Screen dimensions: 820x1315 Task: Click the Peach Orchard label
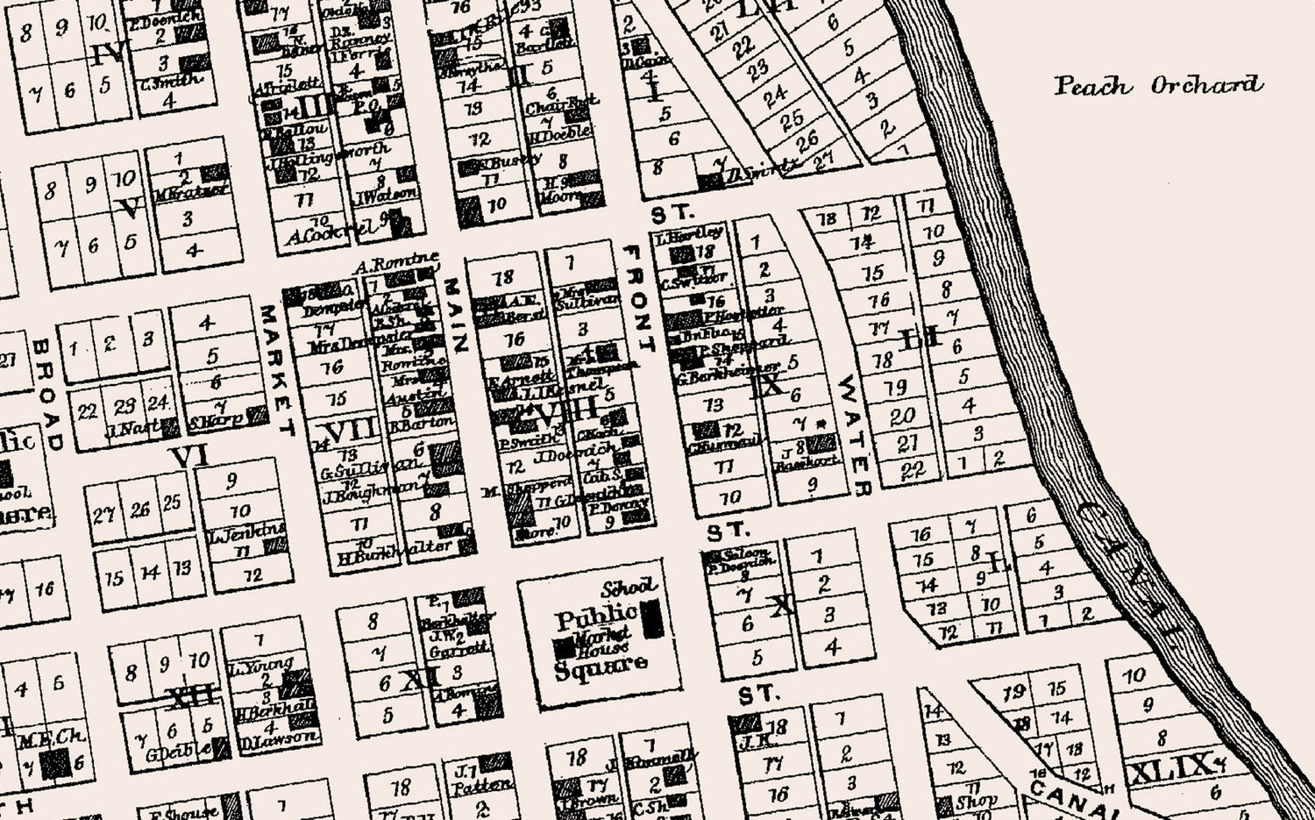(1158, 85)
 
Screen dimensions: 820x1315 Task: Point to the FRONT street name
(637, 298)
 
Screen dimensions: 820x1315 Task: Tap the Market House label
(603, 641)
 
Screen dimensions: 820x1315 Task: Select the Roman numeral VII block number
(351, 431)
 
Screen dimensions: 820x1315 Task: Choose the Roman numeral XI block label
(420, 679)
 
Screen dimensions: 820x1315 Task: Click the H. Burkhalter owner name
(394, 549)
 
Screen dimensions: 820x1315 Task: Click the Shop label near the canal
(976, 801)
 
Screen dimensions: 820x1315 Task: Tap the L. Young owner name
(260, 666)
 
